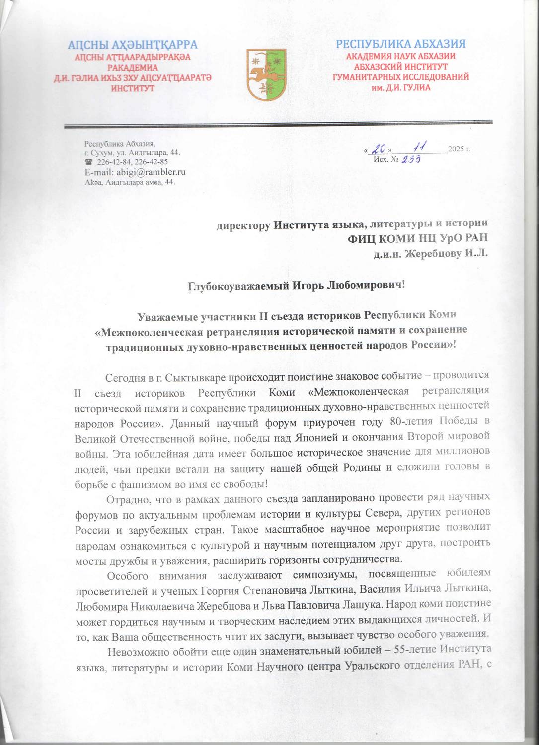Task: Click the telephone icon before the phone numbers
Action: (x=89, y=162)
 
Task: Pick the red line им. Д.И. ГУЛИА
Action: (x=401, y=87)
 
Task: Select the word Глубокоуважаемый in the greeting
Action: (x=230, y=287)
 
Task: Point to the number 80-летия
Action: (x=412, y=425)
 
